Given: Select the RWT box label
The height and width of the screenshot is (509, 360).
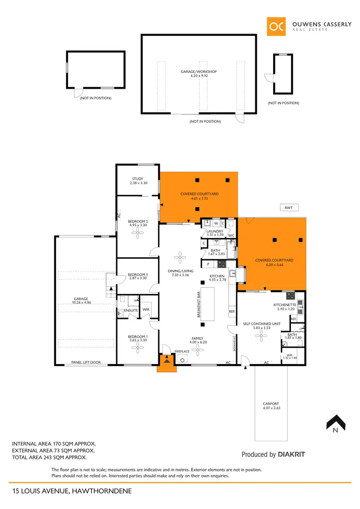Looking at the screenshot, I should [x=288, y=208].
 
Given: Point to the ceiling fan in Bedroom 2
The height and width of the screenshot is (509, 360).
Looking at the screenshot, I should [x=138, y=234].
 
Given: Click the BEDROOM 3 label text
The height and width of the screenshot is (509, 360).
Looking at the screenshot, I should [x=138, y=275].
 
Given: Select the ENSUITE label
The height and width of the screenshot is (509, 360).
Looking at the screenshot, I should [x=131, y=310].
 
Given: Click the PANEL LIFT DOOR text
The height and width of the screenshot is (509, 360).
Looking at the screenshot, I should [x=86, y=363].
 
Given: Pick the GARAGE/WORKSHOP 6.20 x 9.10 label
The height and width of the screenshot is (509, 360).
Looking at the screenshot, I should [x=199, y=73].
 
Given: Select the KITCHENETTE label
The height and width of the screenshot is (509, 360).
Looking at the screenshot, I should [x=284, y=305].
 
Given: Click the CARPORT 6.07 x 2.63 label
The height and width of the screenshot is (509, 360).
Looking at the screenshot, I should [x=271, y=406].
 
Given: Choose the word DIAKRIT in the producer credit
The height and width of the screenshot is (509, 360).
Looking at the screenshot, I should [x=292, y=454].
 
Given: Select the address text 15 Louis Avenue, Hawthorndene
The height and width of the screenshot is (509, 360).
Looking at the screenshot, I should [x=72, y=491].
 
